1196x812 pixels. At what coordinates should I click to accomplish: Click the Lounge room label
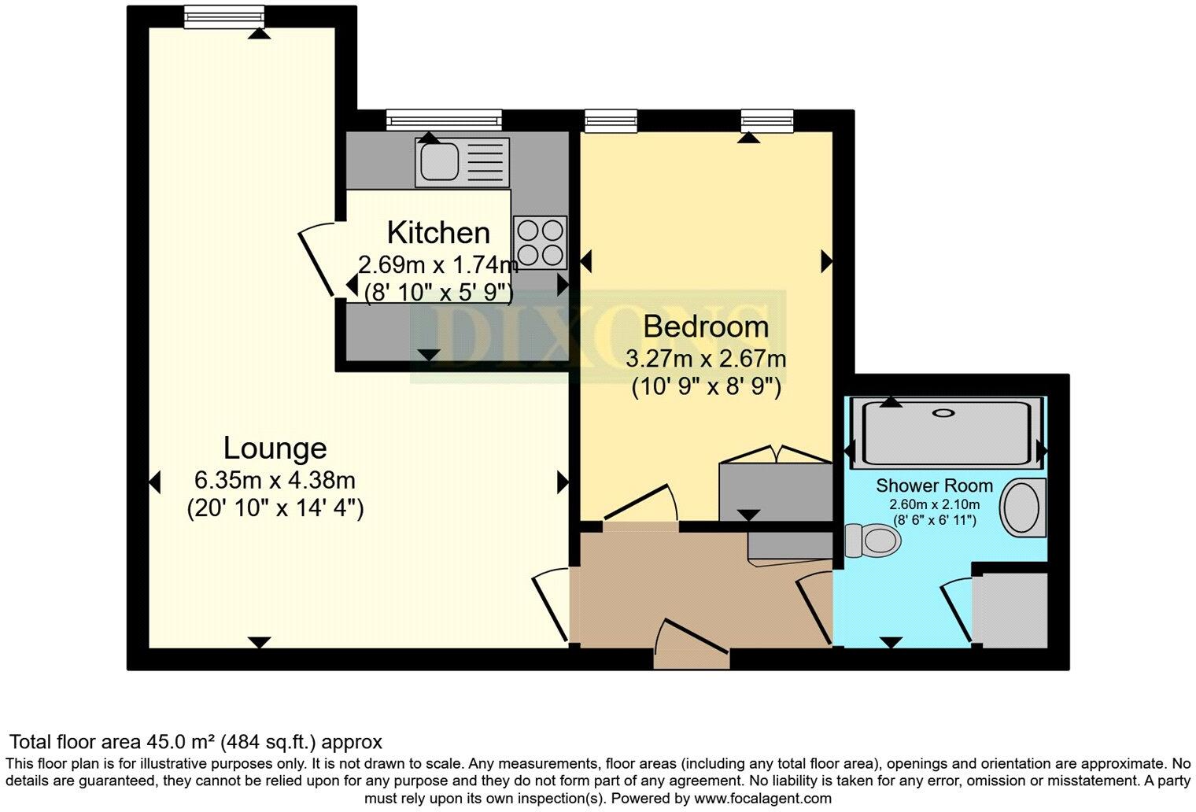tap(275, 448)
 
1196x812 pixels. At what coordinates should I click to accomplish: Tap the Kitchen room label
tap(438, 233)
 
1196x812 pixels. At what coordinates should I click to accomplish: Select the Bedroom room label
tap(706, 326)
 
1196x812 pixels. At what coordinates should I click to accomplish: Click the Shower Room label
tap(934, 485)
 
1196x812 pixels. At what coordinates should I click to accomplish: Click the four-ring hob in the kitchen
tap(541, 242)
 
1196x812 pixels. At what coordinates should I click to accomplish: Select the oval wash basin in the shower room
tap(1022, 507)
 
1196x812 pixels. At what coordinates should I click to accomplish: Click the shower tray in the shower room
tap(945, 433)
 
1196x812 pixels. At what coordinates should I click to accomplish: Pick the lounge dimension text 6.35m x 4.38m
tap(275, 479)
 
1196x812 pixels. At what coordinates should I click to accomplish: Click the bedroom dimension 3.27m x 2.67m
tap(706, 360)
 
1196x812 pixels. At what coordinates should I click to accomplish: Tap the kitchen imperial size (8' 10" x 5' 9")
tap(438, 292)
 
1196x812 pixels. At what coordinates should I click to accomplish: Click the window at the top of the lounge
tap(224, 17)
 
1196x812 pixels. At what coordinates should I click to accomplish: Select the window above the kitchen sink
tap(444, 120)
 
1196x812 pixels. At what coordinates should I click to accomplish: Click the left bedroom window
tap(611, 120)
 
